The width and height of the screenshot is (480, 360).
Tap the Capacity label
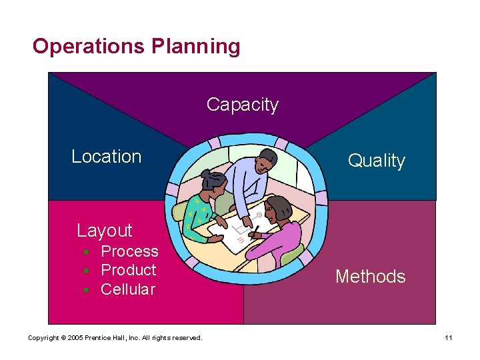point(242,105)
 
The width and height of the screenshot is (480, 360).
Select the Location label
point(107,157)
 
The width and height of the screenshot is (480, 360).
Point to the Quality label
point(377,161)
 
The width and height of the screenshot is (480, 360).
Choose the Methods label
point(370,276)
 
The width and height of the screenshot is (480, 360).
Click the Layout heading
point(105,231)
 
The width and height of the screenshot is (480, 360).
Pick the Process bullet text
point(129,251)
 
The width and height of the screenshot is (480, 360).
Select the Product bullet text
point(128,270)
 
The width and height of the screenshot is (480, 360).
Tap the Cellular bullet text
point(127,289)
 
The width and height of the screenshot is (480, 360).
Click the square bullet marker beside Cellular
point(86,290)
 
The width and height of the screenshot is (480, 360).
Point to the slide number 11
point(449,338)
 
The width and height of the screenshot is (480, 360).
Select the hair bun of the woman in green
point(205,174)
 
